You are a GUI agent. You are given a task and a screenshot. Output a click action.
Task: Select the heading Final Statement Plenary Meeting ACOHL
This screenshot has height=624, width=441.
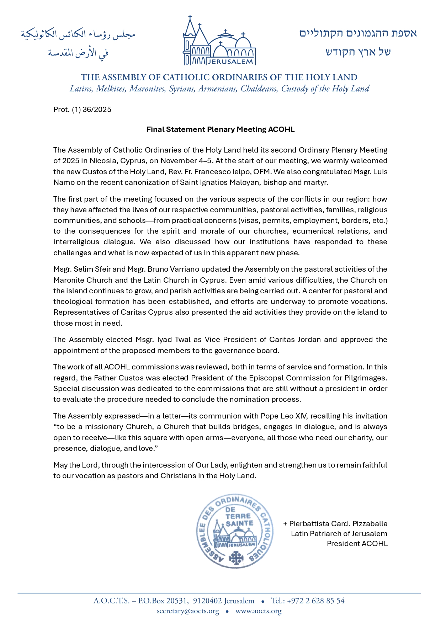tap(220, 129)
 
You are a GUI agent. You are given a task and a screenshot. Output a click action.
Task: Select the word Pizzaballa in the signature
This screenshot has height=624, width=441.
tap(370, 524)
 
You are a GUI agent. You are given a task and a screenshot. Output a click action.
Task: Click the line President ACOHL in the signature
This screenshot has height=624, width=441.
tap(357, 544)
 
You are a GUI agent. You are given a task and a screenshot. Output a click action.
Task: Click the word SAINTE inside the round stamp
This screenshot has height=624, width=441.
tap(239, 523)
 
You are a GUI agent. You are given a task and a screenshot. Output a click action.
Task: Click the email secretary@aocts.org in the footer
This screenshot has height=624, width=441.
tap(188, 611)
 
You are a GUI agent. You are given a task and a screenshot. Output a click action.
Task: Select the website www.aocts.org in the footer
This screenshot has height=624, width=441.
tap(258, 611)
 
